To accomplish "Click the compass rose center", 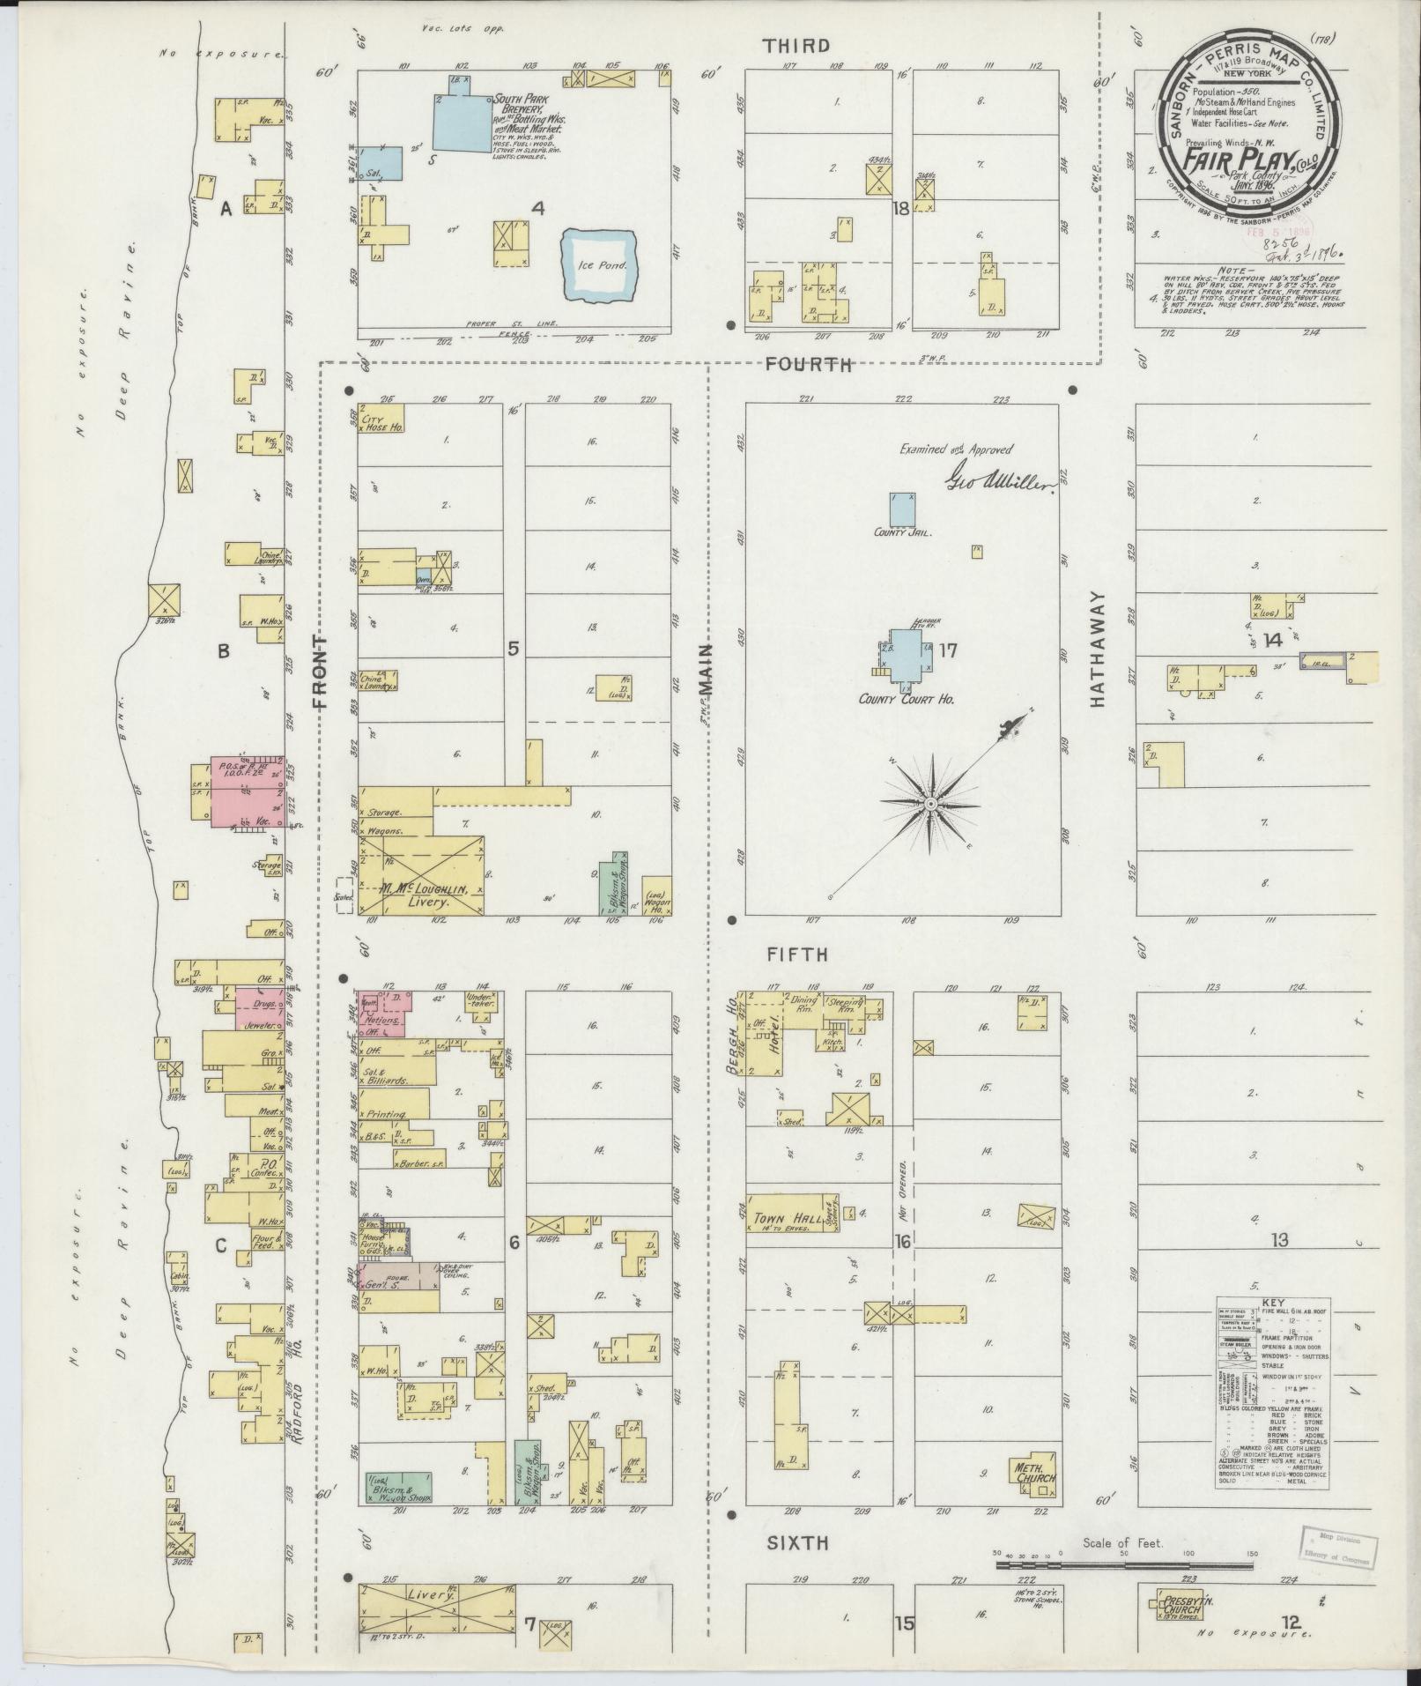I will [x=930, y=805].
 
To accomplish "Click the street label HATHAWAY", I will [x=1098, y=649].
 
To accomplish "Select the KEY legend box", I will [x=1273, y=1393].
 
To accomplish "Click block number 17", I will [x=948, y=651].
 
